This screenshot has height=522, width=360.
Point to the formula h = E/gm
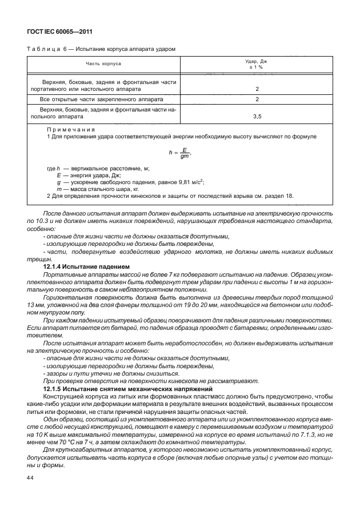click(179, 153)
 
